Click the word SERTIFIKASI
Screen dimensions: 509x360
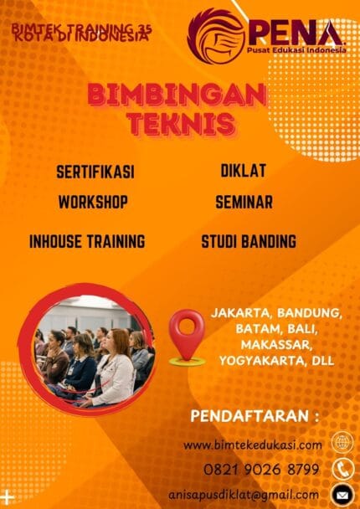95,172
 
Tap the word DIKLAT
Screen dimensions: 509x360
243,171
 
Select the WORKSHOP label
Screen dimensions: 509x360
93,202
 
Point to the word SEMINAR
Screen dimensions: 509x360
244,202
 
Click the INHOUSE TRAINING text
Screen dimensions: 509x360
87,241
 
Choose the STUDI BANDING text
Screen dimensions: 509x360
249,241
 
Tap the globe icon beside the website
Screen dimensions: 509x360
342,443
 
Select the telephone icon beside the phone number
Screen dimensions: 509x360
342,468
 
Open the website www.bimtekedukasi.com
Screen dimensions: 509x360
253,445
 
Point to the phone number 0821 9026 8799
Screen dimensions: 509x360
261,469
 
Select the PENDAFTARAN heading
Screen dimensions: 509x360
249,415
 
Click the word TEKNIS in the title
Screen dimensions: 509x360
181,123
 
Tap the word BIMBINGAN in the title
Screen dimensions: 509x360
182,95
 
